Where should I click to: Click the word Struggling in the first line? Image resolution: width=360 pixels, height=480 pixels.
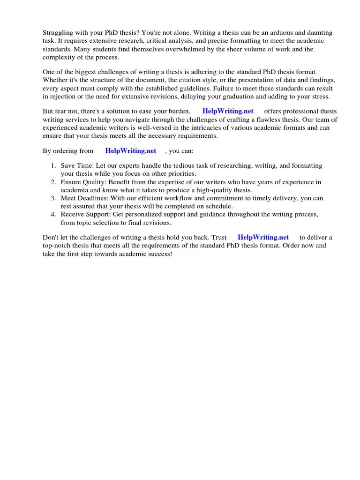[x=58, y=33]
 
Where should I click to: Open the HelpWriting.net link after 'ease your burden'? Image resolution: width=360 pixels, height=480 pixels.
[x=228, y=111]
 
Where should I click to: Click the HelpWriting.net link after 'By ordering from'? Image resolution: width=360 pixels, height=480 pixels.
[x=131, y=151]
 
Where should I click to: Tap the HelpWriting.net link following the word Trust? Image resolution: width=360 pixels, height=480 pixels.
[x=263, y=237]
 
